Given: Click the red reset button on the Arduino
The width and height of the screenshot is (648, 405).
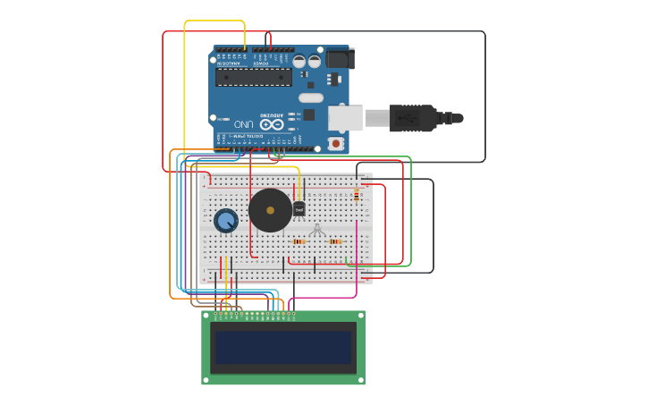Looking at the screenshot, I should click(336, 143).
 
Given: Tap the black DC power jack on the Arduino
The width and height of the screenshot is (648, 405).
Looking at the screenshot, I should click(340, 59).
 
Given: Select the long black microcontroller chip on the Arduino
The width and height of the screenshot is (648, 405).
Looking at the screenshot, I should click(254, 78).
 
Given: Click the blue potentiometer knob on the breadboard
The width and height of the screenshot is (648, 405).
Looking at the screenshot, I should click(225, 219).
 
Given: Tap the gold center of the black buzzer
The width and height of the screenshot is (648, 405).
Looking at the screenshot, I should click(270, 210).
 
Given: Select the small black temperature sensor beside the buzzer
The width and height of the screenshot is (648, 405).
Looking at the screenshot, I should click(299, 208).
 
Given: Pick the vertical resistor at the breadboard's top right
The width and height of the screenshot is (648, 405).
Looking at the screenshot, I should click(357, 195).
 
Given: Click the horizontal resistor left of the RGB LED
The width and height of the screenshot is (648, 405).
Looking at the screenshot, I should click(299, 241).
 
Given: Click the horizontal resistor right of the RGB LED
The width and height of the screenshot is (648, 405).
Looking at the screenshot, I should click(335, 241).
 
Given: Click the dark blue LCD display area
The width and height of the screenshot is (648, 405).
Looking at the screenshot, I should click(283, 348).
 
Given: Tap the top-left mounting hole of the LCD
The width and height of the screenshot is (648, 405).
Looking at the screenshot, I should click(206, 315).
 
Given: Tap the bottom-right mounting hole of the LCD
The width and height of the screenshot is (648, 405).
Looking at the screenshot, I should click(360, 380).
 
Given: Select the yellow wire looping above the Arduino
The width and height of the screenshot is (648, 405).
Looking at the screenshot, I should click(215, 21).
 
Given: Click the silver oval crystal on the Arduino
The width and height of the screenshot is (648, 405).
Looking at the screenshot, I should click(310, 97).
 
